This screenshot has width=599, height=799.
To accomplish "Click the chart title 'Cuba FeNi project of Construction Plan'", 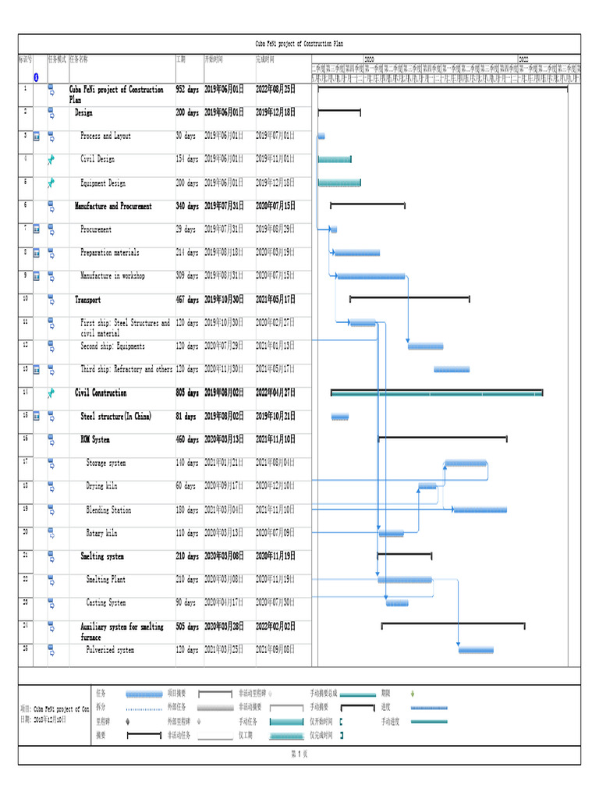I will [x=299, y=44].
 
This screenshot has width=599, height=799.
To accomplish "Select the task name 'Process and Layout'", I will [x=105, y=136].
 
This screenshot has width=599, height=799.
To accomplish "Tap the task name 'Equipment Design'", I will [x=103, y=183].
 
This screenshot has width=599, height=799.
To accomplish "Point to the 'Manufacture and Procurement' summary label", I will [x=113, y=206].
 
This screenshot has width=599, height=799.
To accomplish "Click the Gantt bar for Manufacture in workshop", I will [x=370, y=276].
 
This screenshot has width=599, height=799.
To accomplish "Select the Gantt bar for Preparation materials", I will [x=357, y=253].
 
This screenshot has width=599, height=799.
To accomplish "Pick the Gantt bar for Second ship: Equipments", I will [x=425, y=346].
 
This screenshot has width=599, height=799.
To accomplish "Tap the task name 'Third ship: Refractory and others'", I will [x=126, y=369].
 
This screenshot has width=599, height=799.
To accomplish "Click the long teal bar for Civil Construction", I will [x=437, y=393].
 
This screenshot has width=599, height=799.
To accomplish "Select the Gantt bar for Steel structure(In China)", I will [x=340, y=417].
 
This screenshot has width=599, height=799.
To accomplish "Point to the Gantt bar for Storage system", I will [x=466, y=463].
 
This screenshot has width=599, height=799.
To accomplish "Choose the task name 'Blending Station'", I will [x=108, y=510].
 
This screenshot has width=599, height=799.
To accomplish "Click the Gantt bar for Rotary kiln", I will [x=392, y=534].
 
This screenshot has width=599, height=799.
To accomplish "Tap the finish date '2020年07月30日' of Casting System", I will [x=275, y=602].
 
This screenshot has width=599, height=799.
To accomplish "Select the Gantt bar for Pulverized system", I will [x=476, y=649].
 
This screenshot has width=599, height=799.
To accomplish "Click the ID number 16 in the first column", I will [x=25, y=439].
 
